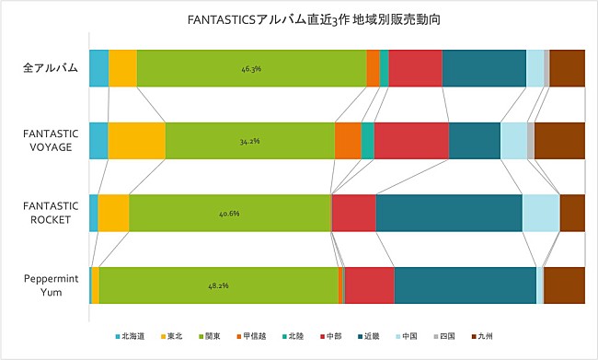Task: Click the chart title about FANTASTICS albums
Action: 299,18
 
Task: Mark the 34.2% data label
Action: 248,141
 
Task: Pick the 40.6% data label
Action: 229,213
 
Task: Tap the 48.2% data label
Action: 218,285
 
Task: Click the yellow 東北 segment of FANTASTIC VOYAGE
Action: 136,141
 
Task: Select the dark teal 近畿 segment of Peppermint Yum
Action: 465,285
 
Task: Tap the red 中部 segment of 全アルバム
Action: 415,68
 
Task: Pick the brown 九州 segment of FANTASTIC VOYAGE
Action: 559,141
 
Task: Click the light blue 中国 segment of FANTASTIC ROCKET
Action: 540,213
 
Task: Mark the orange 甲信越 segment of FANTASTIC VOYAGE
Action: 348,141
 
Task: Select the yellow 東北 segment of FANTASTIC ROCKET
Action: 113,213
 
